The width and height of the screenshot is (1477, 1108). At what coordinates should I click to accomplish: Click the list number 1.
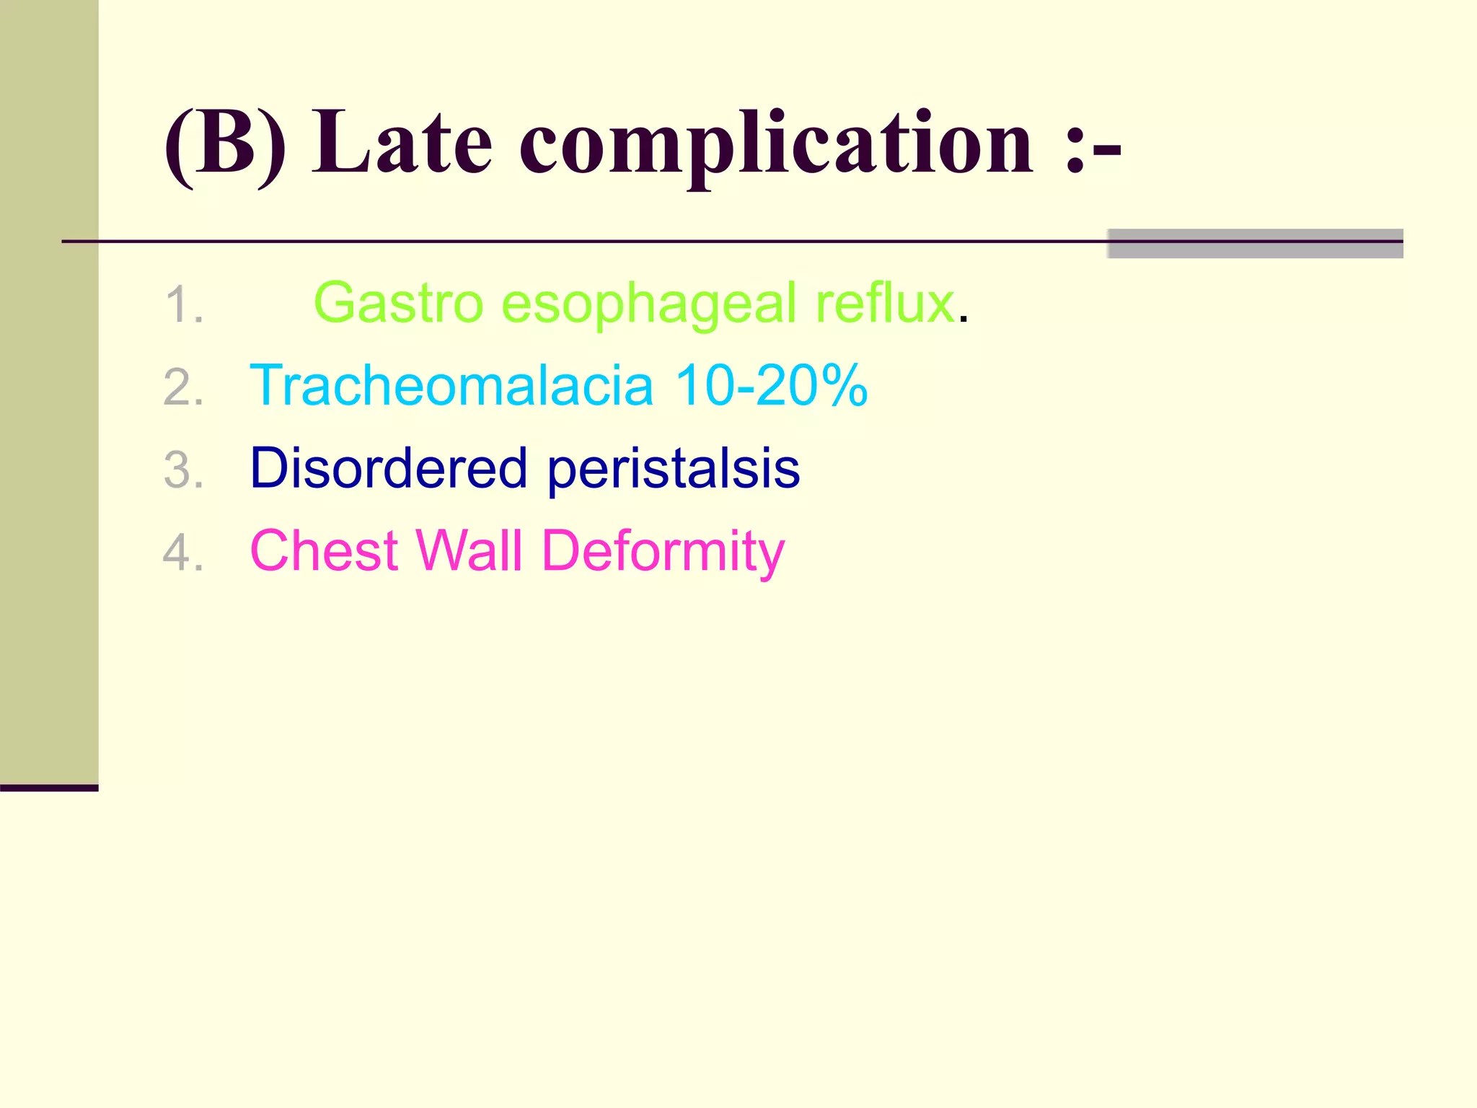(x=183, y=305)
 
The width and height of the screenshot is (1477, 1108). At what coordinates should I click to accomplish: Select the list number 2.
(x=183, y=388)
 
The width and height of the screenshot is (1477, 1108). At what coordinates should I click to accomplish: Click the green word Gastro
(x=398, y=304)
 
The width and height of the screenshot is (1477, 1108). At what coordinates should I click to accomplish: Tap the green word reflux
(x=885, y=304)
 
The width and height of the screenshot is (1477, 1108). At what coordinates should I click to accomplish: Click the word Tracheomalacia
(x=451, y=385)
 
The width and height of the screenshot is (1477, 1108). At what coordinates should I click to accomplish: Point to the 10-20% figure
(x=771, y=385)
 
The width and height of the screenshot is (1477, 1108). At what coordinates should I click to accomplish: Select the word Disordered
(x=389, y=468)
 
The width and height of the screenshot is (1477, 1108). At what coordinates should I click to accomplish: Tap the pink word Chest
(x=324, y=551)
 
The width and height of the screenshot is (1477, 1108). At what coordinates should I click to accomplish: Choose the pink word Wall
(x=469, y=551)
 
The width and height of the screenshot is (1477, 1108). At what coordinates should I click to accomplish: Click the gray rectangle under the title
(x=1255, y=244)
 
